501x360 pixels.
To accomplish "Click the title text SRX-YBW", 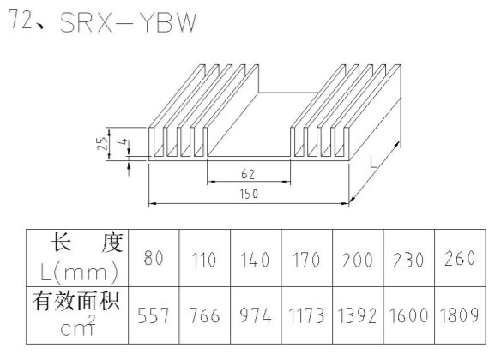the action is [x=128, y=23].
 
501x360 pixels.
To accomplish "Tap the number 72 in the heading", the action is [x=21, y=19].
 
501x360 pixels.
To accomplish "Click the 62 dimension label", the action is [x=248, y=174].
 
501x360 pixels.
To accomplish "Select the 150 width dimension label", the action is [x=249, y=194].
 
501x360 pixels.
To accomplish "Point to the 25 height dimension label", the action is [x=101, y=143].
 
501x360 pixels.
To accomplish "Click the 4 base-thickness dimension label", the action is [x=124, y=142].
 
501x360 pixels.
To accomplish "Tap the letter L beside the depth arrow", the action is [x=373, y=162].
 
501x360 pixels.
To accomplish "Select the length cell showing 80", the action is [x=154, y=258].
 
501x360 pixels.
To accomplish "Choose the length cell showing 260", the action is [x=460, y=258].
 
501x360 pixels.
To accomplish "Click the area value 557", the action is [x=153, y=315].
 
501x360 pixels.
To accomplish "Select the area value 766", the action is [x=204, y=315].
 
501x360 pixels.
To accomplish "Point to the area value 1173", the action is [x=306, y=315].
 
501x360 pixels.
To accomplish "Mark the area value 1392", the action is [x=357, y=315].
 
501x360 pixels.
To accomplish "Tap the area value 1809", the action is [x=460, y=315].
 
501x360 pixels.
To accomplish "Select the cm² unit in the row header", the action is [x=78, y=327].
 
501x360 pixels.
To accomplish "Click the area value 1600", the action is [x=408, y=315].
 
